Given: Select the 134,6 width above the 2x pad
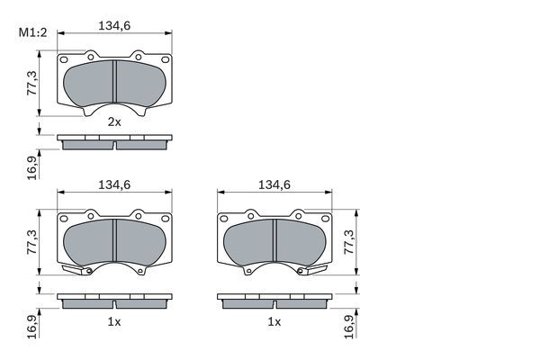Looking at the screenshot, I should [x=115, y=25].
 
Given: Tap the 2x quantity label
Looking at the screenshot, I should [x=114, y=121].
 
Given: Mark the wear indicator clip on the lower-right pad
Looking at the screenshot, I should [x=315, y=271].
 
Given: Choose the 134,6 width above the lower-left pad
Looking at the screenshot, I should [x=115, y=185].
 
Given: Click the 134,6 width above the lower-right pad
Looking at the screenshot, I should [x=274, y=185].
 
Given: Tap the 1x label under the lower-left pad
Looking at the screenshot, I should [x=114, y=321].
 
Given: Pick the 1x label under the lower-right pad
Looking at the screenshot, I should [x=274, y=321].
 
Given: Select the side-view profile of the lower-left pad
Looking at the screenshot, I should [x=114, y=300].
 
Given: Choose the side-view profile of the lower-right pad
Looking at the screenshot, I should [x=274, y=300].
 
